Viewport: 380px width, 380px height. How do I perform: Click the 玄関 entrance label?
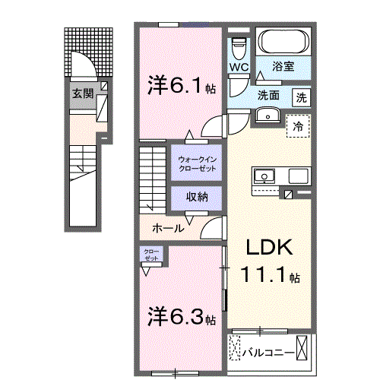(x=84, y=93)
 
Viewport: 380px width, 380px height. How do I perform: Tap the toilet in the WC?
(x=239, y=48)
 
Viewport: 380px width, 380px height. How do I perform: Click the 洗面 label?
(x=268, y=97)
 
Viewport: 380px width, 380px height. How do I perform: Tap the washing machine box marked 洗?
(x=302, y=97)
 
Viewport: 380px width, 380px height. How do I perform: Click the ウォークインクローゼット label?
(x=197, y=163)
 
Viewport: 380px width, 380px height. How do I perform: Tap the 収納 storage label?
(x=197, y=197)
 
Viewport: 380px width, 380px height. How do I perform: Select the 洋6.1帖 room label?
(x=182, y=86)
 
